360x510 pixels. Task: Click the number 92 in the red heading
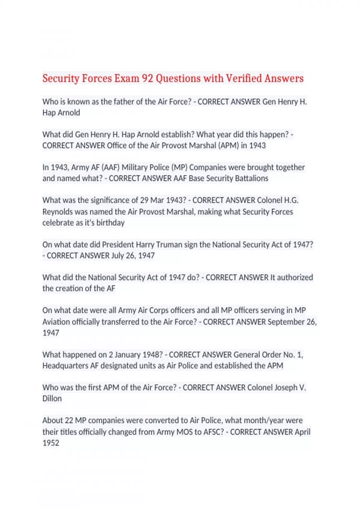coord(147,78)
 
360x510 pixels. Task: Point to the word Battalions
coord(251,178)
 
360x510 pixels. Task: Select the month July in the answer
coord(118,256)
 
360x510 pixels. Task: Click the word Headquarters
coord(65,366)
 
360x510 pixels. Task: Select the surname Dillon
coord(52,399)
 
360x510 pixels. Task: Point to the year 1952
coord(51,443)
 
